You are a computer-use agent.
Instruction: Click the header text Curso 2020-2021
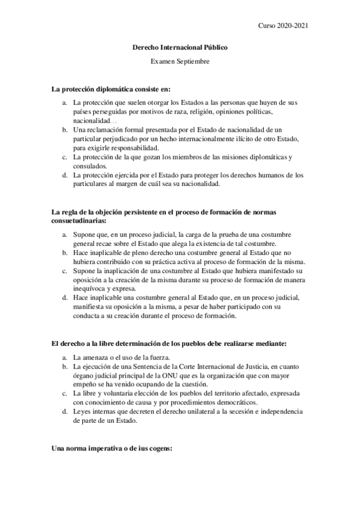point(283,25)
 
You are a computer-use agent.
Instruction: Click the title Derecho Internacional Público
point(180,47)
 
